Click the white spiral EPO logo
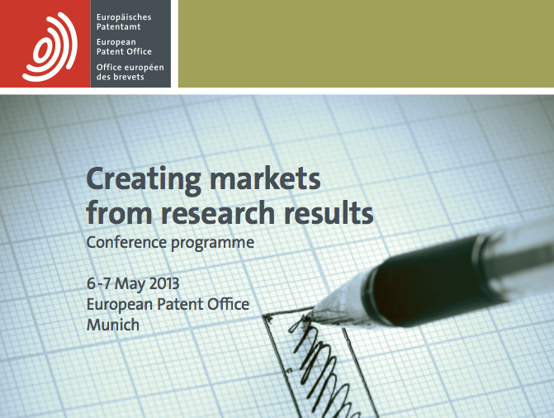click(x=50, y=46)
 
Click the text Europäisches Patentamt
click(x=124, y=22)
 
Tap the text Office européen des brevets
click(x=130, y=72)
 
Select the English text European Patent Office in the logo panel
click(x=124, y=47)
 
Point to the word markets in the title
click(x=265, y=178)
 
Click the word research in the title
click(x=218, y=213)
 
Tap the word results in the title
click(x=329, y=212)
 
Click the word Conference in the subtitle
click(x=126, y=243)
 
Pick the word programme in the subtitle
click(x=212, y=244)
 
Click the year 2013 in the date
click(x=164, y=284)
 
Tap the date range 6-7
click(x=98, y=284)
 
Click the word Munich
click(x=113, y=325)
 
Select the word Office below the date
click(x=228, y=304)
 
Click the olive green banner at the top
click(x=366, y=44)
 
